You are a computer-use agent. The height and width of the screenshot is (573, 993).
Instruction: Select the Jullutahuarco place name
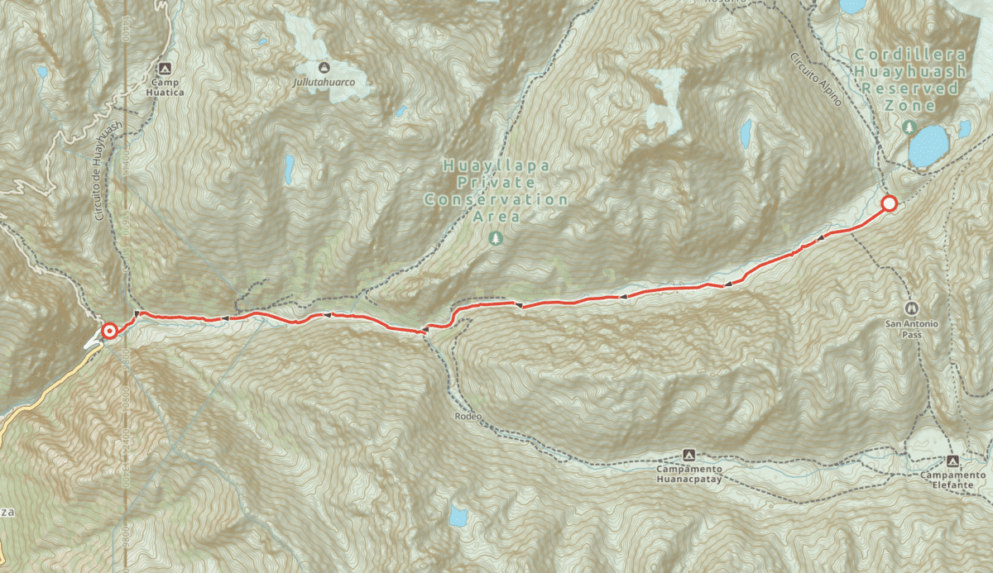[x=324, y=84]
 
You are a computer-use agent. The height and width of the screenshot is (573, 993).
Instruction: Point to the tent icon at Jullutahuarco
[x=324, y=67]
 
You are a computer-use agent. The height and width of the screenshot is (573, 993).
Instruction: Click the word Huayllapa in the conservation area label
[x=496, y=165]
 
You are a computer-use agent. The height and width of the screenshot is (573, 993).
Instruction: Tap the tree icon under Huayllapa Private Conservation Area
[x=496, y=238]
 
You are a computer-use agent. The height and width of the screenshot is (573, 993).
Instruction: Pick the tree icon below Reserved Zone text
[x=909, y=127]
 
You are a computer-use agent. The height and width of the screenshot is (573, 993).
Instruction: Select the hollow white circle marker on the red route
[x=889, y=203]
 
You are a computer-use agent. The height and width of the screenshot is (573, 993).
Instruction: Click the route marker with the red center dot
[x=108, y=332]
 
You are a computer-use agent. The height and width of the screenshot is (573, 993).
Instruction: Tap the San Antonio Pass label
[x=912, y=323]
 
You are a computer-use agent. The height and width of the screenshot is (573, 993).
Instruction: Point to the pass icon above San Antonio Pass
[x=912, y=306]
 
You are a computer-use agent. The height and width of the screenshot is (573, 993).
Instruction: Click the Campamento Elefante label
[x=952, y=480]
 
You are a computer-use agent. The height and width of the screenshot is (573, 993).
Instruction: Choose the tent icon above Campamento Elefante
[x=952, y=461]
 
